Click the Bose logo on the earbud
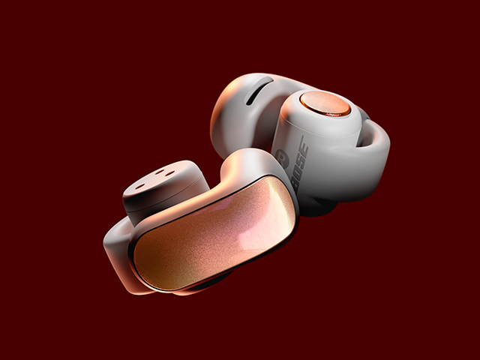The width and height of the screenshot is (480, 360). tap(301, 163)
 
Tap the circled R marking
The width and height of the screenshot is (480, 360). tap(282, 158)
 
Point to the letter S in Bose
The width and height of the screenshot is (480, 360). tap(301, 158)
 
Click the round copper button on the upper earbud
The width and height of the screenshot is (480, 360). tap(325, 103)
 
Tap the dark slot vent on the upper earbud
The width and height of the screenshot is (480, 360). tap(259, 91)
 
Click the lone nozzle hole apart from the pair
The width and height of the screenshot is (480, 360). tap(140, 186)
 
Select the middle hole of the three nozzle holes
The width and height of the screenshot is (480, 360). tap(160, 172)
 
